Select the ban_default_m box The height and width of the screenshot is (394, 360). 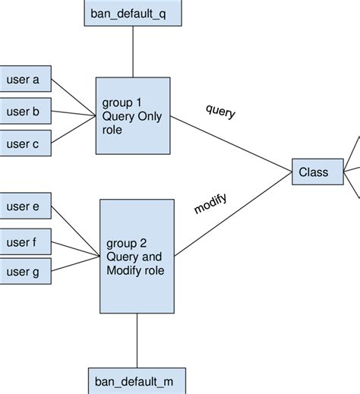(136, 380)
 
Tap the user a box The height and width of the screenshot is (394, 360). (25, 79)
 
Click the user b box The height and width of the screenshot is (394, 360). (25, 111)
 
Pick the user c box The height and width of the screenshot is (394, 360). (25, 143)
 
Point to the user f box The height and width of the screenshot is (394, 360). (25, 243)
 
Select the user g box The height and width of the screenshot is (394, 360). (25, 271)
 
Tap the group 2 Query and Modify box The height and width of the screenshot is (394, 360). (137, 255)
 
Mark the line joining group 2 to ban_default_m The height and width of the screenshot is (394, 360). (137, 340)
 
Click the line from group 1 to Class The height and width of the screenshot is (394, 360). (232, 143)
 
